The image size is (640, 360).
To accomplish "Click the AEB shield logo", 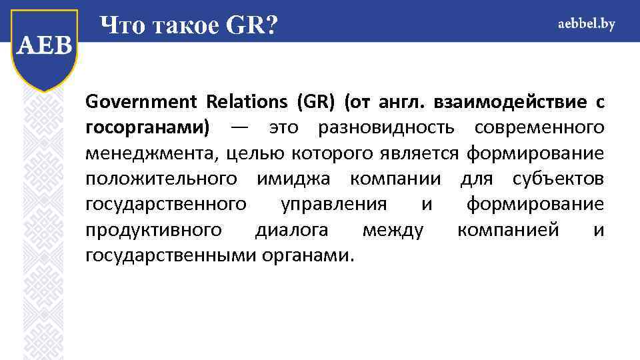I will (x=44, y=48).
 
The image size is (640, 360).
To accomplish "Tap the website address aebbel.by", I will (x=586, y=24).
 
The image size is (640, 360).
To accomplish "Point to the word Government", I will (x=141, y=103).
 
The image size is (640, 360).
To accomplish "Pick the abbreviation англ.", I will (x=402, y=103).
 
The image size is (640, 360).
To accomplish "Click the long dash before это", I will (x=238, y=128).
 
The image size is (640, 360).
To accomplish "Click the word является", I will (x=423, y=154).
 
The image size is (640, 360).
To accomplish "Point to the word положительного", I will (x=161, y=179).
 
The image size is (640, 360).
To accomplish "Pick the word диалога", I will (x=291, y=230).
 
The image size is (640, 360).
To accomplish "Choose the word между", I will (x=393, y=230).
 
